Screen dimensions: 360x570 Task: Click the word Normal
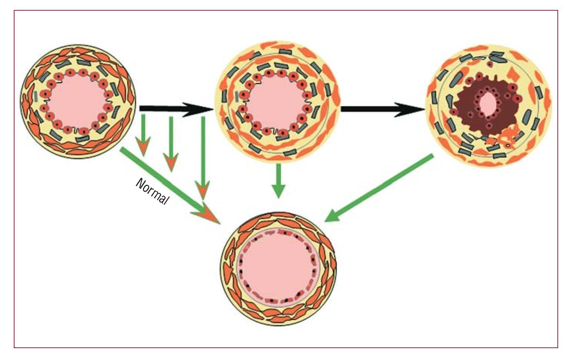(x=152, y=191)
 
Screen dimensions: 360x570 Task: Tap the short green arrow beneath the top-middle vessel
(x=279, y=180)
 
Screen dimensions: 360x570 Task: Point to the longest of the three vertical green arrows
(x=203, y=157)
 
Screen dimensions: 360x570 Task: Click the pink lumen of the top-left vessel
(x=77, y=101)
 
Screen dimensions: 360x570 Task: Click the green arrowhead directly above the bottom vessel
(x=279, y=191)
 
